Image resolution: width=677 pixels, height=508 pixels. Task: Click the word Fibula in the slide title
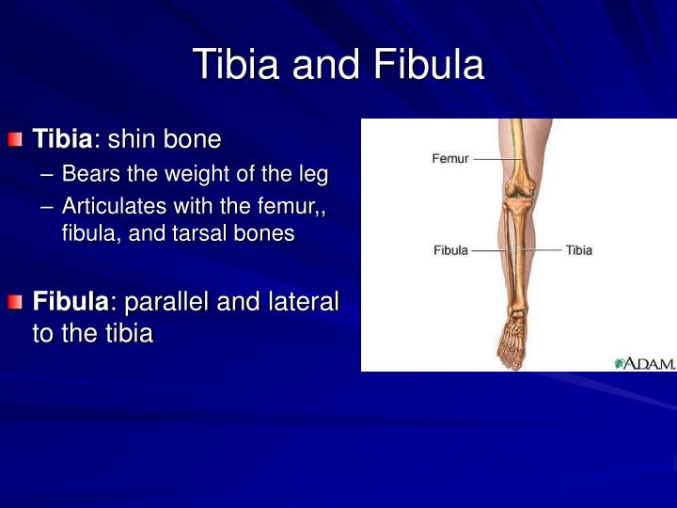[429, 66]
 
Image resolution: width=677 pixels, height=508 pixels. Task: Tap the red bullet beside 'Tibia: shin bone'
[14, 140]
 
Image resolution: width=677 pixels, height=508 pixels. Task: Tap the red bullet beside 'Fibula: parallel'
[14, 302]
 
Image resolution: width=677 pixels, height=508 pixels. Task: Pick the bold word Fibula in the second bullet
[71, 302]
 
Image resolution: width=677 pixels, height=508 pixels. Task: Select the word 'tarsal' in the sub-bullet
[207, 233]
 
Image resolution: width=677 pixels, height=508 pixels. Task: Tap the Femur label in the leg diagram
[449, 159]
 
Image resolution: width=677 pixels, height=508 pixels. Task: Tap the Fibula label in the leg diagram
[450, 250]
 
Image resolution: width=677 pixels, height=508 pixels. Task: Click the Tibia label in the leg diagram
[579, 250]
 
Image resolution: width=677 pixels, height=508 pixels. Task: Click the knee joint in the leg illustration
[515, 201]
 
